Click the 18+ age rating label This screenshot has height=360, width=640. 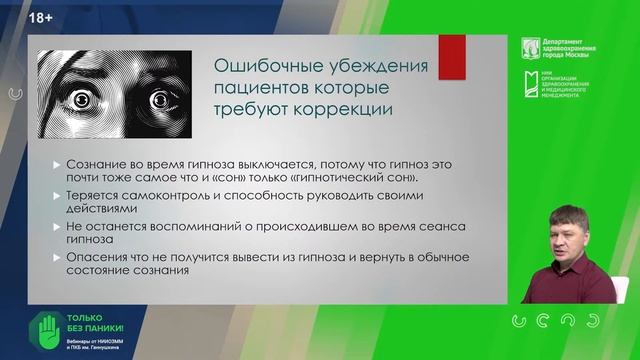click(x=41, y=18)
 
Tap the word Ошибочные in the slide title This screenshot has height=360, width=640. click(x=261, y=68)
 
